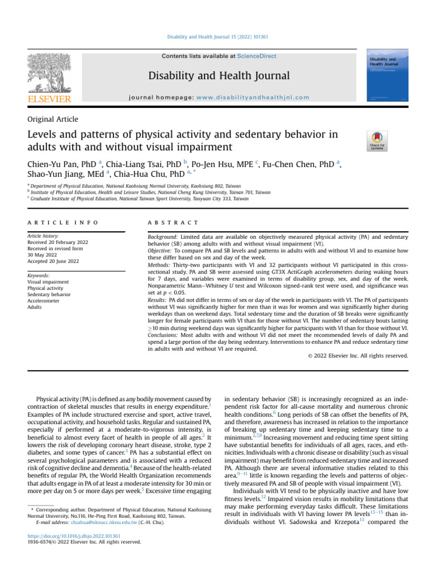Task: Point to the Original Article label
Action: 53,119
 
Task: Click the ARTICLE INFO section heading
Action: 62,222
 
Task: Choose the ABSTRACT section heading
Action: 172,222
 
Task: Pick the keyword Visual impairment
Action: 49,281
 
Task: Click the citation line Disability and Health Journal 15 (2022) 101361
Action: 217,38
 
